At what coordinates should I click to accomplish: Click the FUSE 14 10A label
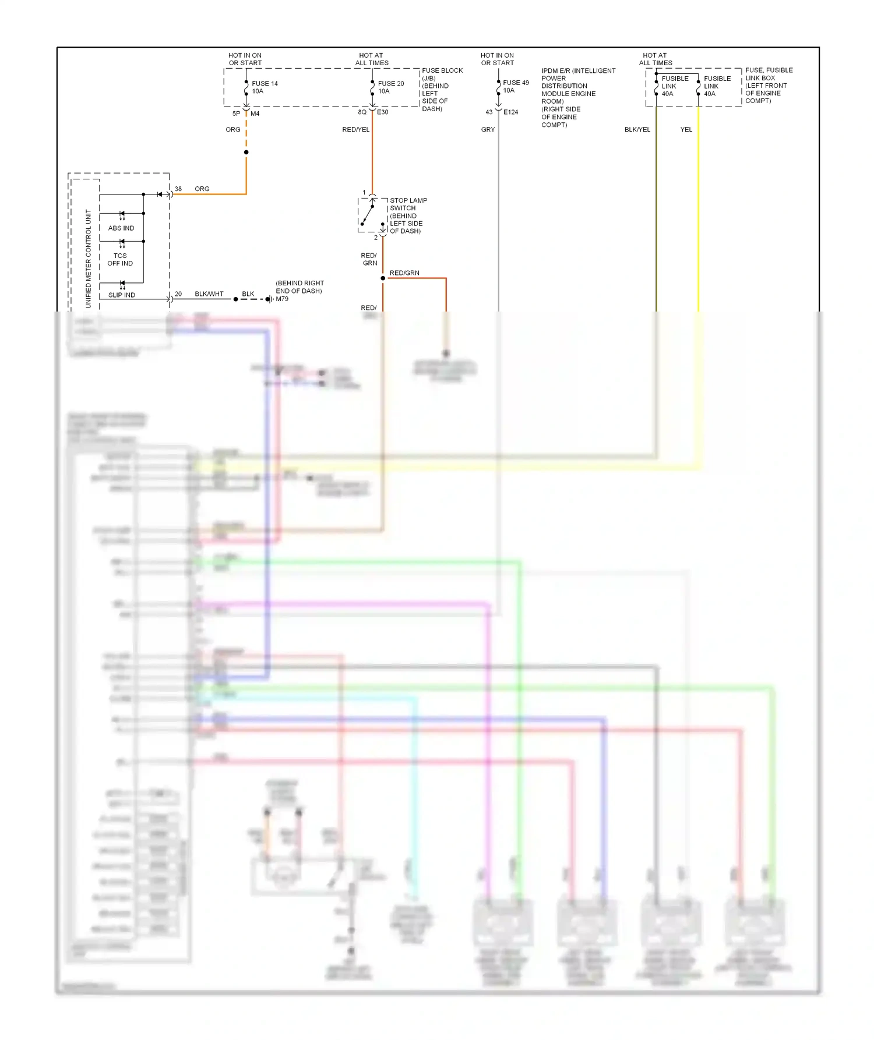pyautogui.click(x=264, y=87)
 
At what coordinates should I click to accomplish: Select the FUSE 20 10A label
pyautogui.click(x=390, y=87)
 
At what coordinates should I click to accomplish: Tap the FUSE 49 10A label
pyautogui.click(x=515, y=86)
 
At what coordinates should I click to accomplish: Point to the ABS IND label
pyautogui.click(x=121, y=228)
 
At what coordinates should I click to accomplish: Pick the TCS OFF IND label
pyautogui.click(x=120, y=260)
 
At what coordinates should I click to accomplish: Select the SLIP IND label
pyautogui.click(x=122, y=295)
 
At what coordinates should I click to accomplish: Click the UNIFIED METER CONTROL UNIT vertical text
pyautogui.click(x=89, y=259)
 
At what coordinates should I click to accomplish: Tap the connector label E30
pyautogui.click(x=382, y=112)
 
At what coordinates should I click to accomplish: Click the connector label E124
pyautogui.click(x=510, y=112)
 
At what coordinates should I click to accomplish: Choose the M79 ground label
pyautogui.click(x=282, y=299)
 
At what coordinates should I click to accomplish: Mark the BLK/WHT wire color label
pyautogui.click(x=209, y=294)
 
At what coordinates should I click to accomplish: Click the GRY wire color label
pyautogui.click(x=488, y=130)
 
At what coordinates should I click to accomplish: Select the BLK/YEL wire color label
pyautogui.click(x=637, y=130)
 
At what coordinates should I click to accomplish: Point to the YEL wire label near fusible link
pyautogui.click(x=686, y=130)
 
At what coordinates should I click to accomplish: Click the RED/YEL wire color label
pyautogui.click(x=355, y=130)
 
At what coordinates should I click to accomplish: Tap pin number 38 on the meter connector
pyautogui.click(x=178, y=189)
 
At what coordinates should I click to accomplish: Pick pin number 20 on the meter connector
pyautogui.click(x=178, y=294)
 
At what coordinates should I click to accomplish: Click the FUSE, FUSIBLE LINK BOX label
pyautogui.click(x=769, y=86)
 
